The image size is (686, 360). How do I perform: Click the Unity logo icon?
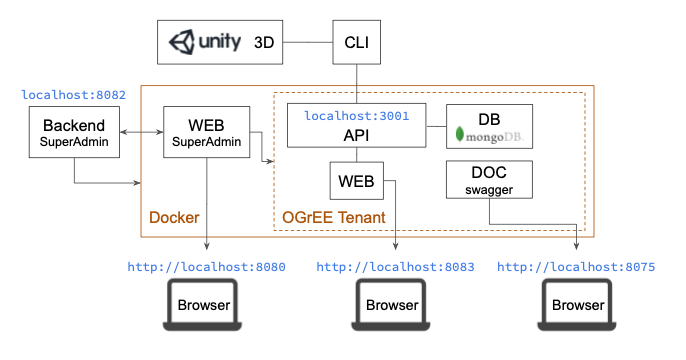pos(181,43)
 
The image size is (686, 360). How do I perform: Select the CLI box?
pos(357,43)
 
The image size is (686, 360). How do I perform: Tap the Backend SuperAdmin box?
pos(75,133)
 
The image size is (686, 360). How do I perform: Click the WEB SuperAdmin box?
pos(206,133)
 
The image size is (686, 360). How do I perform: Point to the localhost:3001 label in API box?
pos(356,116)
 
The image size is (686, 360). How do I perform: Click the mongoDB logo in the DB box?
pos(489,134)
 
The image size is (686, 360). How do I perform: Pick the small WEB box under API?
pos(356,181)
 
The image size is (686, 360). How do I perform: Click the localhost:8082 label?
pos(74,95)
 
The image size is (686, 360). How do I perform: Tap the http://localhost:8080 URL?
pos(206,267)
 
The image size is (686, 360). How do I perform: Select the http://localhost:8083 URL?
pos(395,267)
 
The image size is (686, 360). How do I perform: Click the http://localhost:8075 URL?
pos(576,267)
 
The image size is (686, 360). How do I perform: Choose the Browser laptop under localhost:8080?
pos(204,307)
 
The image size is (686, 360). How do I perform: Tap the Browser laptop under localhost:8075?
pos(579,307)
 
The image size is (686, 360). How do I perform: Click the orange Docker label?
pos(174,218)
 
